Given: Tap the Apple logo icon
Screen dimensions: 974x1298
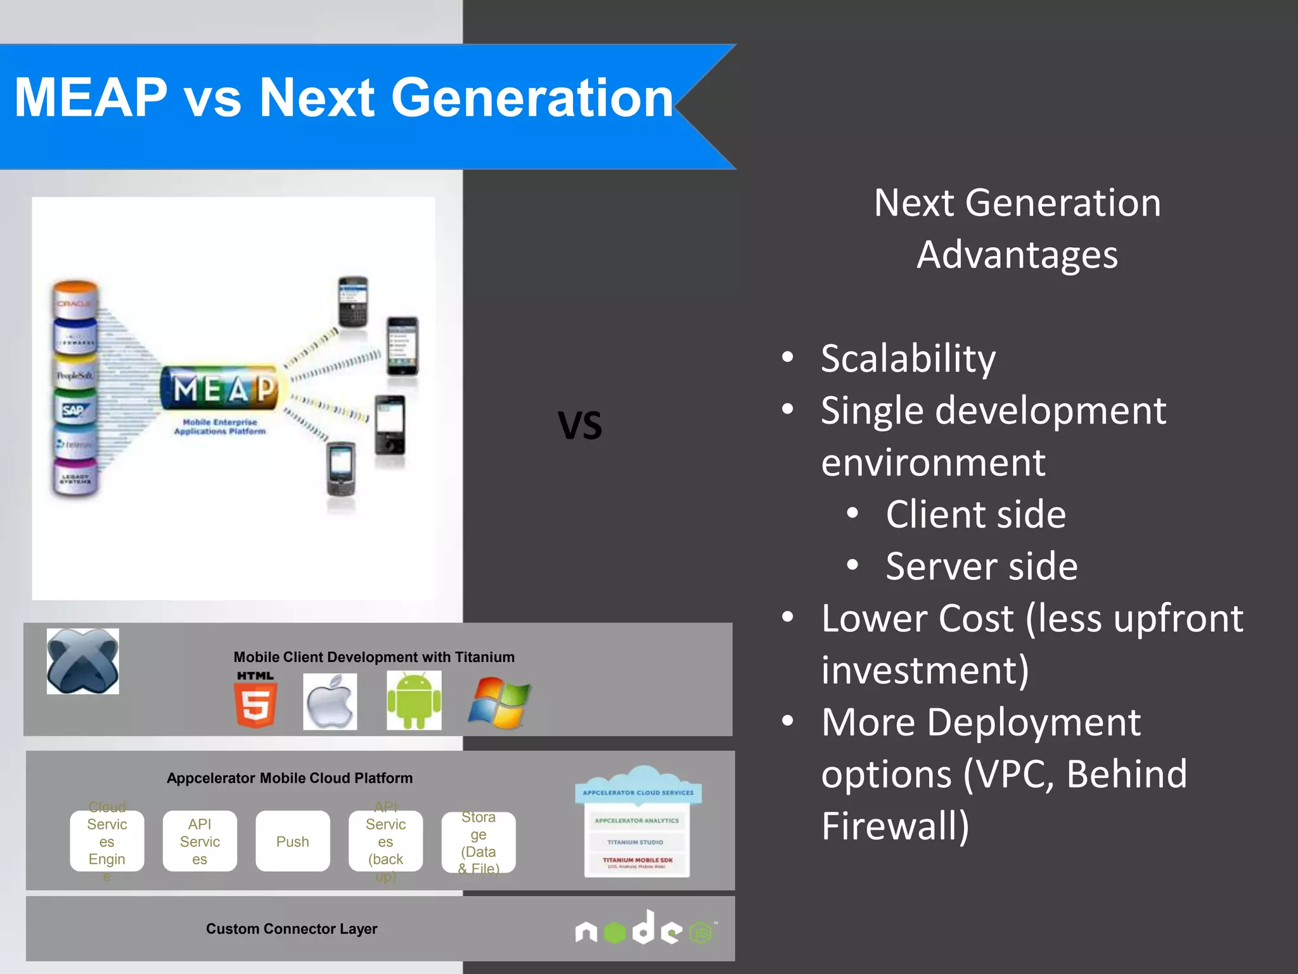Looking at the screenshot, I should click(330, 702).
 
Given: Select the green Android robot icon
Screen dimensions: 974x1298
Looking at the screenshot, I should click(414, 701).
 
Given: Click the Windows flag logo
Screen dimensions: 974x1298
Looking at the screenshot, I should click(499, 703).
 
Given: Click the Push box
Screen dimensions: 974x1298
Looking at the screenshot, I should click(292, 841).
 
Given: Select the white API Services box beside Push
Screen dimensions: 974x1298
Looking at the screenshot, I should click(200, 841).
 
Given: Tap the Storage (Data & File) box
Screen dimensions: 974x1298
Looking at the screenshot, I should click(479, 842).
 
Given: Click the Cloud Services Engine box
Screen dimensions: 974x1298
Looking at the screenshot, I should click(107, 841).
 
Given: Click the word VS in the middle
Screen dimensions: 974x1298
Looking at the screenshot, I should click(579, 425).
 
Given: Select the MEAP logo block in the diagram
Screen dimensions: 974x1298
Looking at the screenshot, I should click(220, 388).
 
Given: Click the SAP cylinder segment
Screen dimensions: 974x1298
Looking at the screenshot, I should click(75, 410).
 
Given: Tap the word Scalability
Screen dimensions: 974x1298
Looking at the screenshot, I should click(908, 359).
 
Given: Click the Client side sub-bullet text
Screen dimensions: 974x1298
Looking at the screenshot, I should click(975, 514).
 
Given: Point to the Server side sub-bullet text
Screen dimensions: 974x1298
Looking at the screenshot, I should click(981, 566).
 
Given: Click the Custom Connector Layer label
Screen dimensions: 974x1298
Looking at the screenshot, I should click(292, 929).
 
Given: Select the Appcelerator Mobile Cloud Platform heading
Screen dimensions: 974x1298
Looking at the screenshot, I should click(290, 778).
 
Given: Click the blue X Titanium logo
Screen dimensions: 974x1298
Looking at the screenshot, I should click(82, 661).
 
